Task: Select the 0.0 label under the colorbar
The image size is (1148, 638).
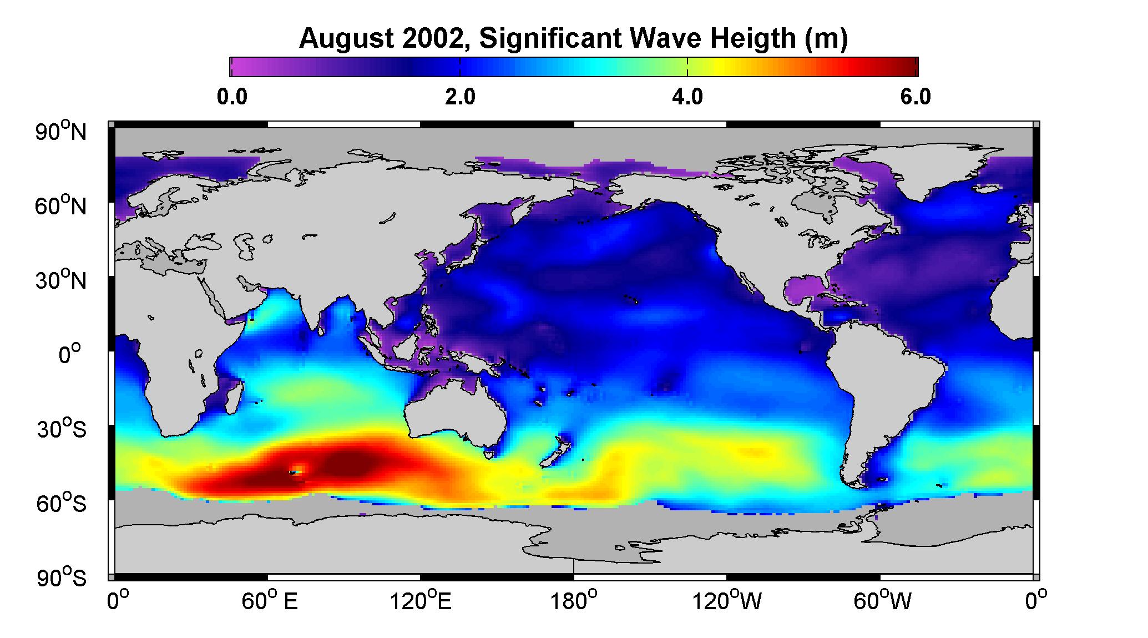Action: [232, 97]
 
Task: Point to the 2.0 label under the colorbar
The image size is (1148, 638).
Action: [461, 97]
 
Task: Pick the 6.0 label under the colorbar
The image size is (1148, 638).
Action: [916, 97]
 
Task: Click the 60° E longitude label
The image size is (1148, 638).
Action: [270, 601]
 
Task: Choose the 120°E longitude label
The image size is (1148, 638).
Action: [421, 601]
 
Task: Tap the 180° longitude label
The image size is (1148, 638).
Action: [574, 601]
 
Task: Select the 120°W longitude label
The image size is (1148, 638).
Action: [727, 601]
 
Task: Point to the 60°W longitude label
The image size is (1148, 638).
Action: [882, 601]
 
